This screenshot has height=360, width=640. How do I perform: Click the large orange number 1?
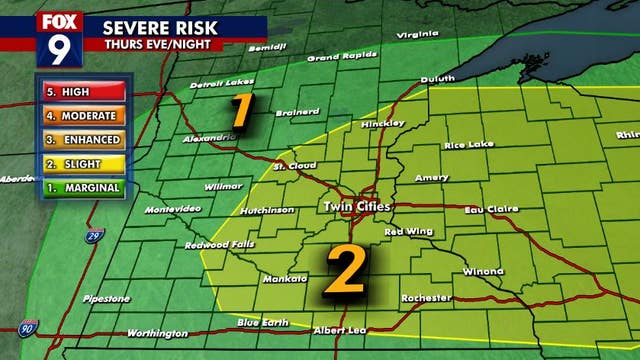click(x=240, y=110)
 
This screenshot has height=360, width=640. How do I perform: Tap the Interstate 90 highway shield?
click(x=27, y=328)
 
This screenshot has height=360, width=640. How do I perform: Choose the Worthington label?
click(x=157, y=333)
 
